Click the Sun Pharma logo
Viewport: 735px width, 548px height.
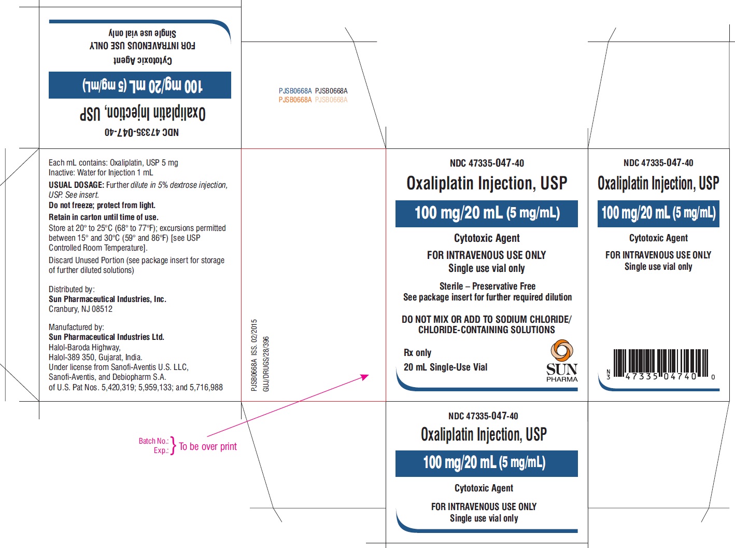(x=562, y=361)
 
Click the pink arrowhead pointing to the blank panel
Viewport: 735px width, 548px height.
(x=365, y=376)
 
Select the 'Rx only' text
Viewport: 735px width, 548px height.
(x=417, y=353)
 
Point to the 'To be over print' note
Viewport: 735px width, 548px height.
(x=208, y=446)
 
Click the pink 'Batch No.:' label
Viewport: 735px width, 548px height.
(x=153, y=441)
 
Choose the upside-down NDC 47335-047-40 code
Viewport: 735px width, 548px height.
(x=142, y=132)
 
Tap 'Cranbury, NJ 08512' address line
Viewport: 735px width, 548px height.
(x=80, y=309)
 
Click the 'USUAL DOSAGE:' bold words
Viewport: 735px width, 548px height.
(x=76, y=185)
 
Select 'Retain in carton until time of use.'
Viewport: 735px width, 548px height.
(x=104, y=217)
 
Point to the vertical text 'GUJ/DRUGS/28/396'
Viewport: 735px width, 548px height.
(x=266, y=364)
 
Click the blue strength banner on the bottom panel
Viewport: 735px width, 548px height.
(x=486, y=463)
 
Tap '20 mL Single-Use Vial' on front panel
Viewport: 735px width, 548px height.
(x=445, y=367)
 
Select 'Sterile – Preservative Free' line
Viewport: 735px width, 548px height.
(x=487, y=286)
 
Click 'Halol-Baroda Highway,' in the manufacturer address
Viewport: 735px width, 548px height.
(x=84, y=348)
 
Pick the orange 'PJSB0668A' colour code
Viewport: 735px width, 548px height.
(x=295, y=100)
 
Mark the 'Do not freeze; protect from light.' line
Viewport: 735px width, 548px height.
(x=102, y=205)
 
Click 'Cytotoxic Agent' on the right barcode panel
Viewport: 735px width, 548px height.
(x=658, y=238)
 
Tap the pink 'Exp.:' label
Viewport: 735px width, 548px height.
(x=161, y=450)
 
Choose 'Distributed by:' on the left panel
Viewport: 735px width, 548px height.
(x=72, y=290)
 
